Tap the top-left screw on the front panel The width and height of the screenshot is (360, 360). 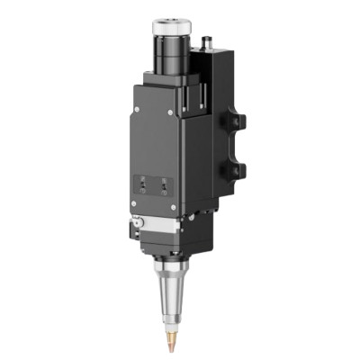coord(134,109)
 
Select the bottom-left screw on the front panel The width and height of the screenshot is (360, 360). coord(134,205)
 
